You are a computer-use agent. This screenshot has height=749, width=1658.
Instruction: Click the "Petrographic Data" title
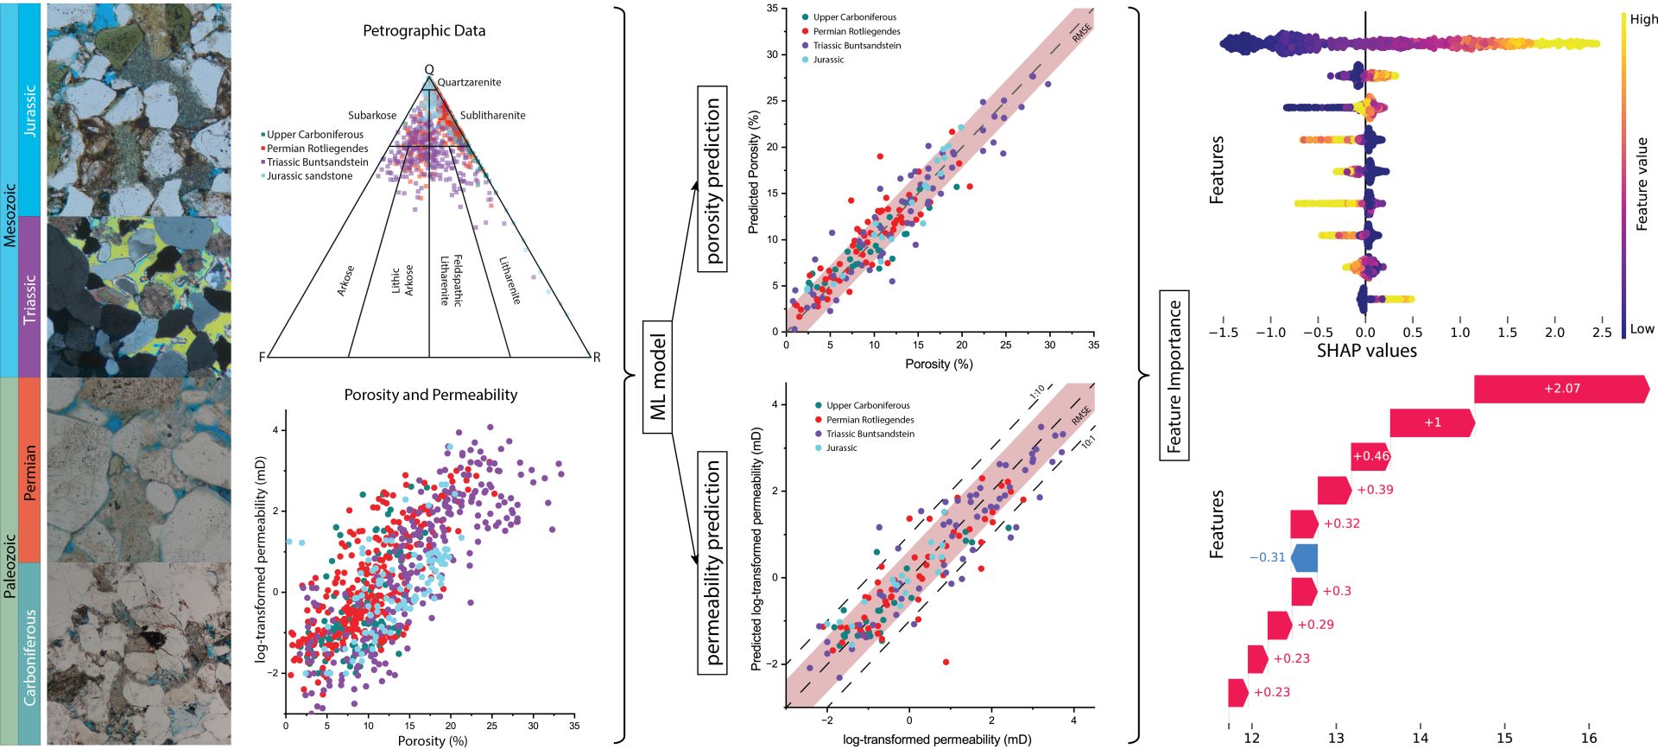(x=424, y=31)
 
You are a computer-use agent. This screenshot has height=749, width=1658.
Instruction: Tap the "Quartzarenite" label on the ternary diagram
(x=469, y=83)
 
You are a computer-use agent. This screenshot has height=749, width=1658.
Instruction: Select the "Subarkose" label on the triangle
(x=372, y=116)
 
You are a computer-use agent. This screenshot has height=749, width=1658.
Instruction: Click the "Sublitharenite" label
(x=492, y=116)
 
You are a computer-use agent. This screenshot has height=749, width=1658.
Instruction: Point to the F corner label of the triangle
(x=263, y=358)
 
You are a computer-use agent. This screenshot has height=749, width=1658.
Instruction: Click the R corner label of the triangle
(x=596, y=358)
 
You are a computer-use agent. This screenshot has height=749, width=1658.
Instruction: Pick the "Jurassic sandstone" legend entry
(x=309, y=176)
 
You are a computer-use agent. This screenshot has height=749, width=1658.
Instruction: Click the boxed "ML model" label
(x=659, y=378)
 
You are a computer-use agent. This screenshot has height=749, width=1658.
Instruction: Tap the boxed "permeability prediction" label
(x=712, y=562)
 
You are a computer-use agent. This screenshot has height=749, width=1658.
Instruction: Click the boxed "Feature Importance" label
(x=1174, y=376)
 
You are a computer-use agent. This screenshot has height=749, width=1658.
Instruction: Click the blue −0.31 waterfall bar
(x=1305, y=558)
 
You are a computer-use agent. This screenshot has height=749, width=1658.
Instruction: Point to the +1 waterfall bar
(x=1432, y=422)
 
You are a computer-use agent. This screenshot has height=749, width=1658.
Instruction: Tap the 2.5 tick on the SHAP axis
(x=1601, y=333)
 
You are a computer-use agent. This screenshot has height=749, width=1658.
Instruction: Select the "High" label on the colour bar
(x=1643, y=20)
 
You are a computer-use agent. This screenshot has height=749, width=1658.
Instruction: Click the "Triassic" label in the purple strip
(x=30, y=299)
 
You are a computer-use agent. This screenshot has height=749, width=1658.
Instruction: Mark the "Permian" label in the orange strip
(x=30, y=473)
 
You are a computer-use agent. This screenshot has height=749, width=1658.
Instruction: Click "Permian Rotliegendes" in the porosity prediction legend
(x=856, y=32)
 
